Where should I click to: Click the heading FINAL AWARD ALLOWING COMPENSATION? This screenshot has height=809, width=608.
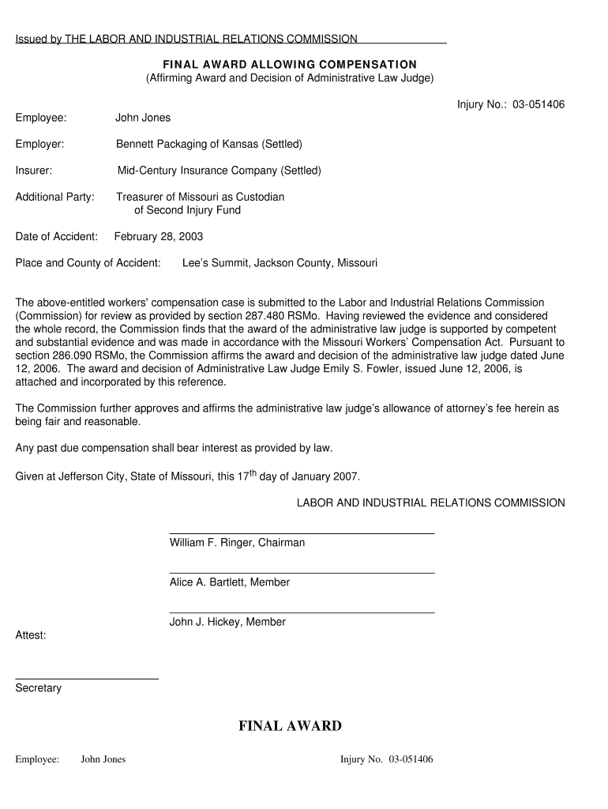tap(290, 64)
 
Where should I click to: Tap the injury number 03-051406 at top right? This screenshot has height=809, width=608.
tap(538, 104)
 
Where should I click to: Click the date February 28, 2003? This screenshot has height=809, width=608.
tap(159, 236)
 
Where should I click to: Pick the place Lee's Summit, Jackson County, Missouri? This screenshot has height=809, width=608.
tap(280, 262)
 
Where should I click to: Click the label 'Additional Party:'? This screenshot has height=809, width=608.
tap(55, 197)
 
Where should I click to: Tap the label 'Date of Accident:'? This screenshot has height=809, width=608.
tap(57, 236)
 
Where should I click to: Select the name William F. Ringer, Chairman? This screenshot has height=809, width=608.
tap(237, 543)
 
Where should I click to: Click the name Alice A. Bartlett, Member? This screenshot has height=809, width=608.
tap(230, 582)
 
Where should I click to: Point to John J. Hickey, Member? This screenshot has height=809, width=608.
tap(227, 622)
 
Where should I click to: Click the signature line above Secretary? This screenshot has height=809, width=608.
tap(87, 679)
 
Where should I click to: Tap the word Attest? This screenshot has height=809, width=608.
tap(31, 634)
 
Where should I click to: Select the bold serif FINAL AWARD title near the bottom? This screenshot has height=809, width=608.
tap(290, 726)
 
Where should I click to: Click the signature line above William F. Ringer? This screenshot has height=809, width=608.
tap(302, 534)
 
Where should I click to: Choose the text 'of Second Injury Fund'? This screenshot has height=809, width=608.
tap(187, 210)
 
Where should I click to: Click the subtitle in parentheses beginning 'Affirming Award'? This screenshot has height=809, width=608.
tap(290, 78)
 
